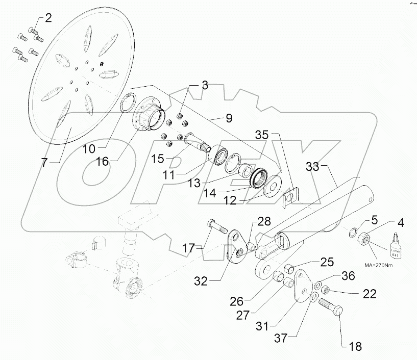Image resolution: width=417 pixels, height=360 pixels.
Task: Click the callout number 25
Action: [x=327, y=262]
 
